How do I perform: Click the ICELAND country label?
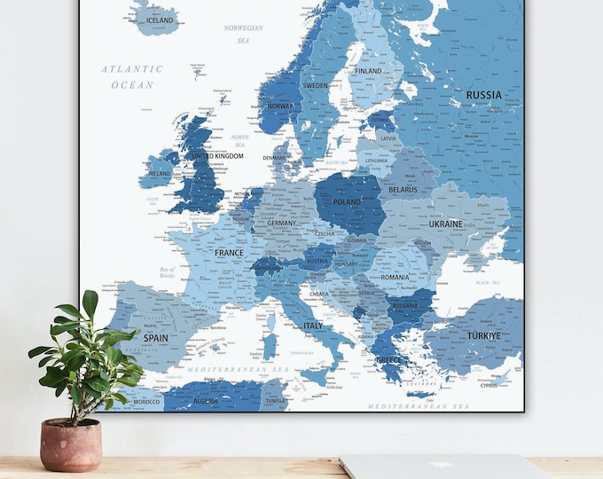[161, 20]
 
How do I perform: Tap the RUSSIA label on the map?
[483, 95]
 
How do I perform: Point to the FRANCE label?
[229, 253]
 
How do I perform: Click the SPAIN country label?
[156, 338]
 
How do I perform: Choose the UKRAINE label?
[446, 224]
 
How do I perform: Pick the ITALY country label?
[314, 326]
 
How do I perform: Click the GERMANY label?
[281, 224]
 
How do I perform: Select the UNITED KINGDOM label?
[217, 157]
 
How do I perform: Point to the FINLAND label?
[368, 71]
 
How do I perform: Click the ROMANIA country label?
[395, 278]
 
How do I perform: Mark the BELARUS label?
[403, 190]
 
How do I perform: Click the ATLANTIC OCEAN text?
[133, 76]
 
